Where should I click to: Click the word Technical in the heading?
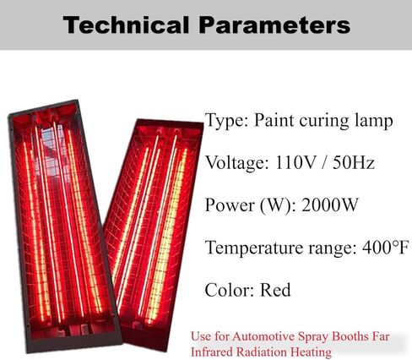(x=126, y=25)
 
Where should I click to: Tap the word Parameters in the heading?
(x=274, y=25)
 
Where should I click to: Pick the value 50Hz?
(x=354, y=162)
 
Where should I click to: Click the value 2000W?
(x=329, y=205)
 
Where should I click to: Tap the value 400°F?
(x=385, y=248)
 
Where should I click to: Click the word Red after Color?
(x=275, y=290)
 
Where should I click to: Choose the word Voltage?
(x=237, y=163)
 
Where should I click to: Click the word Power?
(x=229, y=205)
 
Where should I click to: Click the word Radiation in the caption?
(x=262, y=352)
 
